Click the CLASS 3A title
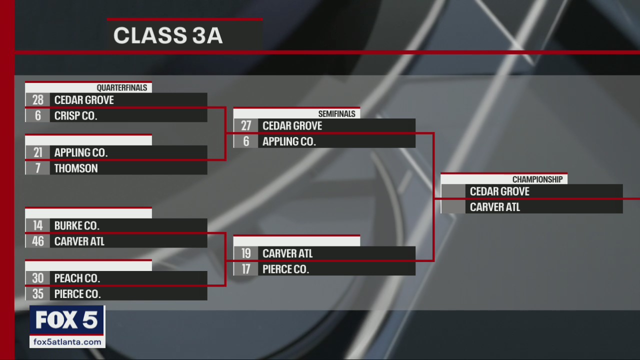[x=168, y=36]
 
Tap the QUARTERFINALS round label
[x=122, y=88]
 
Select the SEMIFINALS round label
[x=336, y=114]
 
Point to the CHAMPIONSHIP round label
[x=537, y=179]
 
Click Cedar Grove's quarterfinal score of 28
[x=38, y=100]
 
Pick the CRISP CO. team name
[x=75, y=116]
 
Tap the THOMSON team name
[x=76, y=168]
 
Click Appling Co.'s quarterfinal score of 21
[x=38, y=152]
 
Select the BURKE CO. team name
[x=77, y=225]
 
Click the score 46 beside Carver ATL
[x=38, y=241]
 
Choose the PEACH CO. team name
[x=77, y=278]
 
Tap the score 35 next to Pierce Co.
[x=38, y=294]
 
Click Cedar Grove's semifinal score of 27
[x=246, y=126]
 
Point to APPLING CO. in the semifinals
[x=289, y=142]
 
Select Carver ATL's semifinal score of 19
[x=246, y=253]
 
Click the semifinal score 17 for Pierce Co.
[x=246, y=269]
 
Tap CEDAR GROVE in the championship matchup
[x=499, y=191]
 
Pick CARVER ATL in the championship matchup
[x=495, y=207]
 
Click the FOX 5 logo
[x=66, y=320]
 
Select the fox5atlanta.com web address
[x=67, y=342]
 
